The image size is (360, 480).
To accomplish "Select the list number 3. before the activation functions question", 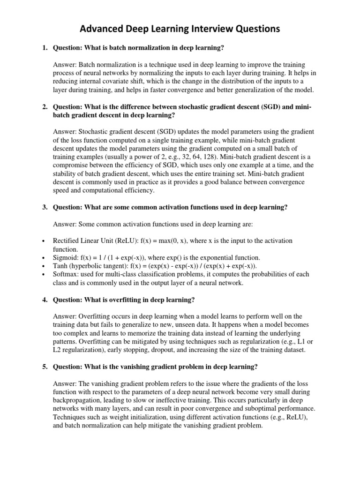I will click(45, 208).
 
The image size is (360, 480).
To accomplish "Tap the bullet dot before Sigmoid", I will click(43, 258).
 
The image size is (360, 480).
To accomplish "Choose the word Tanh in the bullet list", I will click(61, 266).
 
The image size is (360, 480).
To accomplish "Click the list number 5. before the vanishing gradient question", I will click(45, 367).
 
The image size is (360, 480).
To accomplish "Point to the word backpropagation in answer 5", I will click(81, 400).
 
